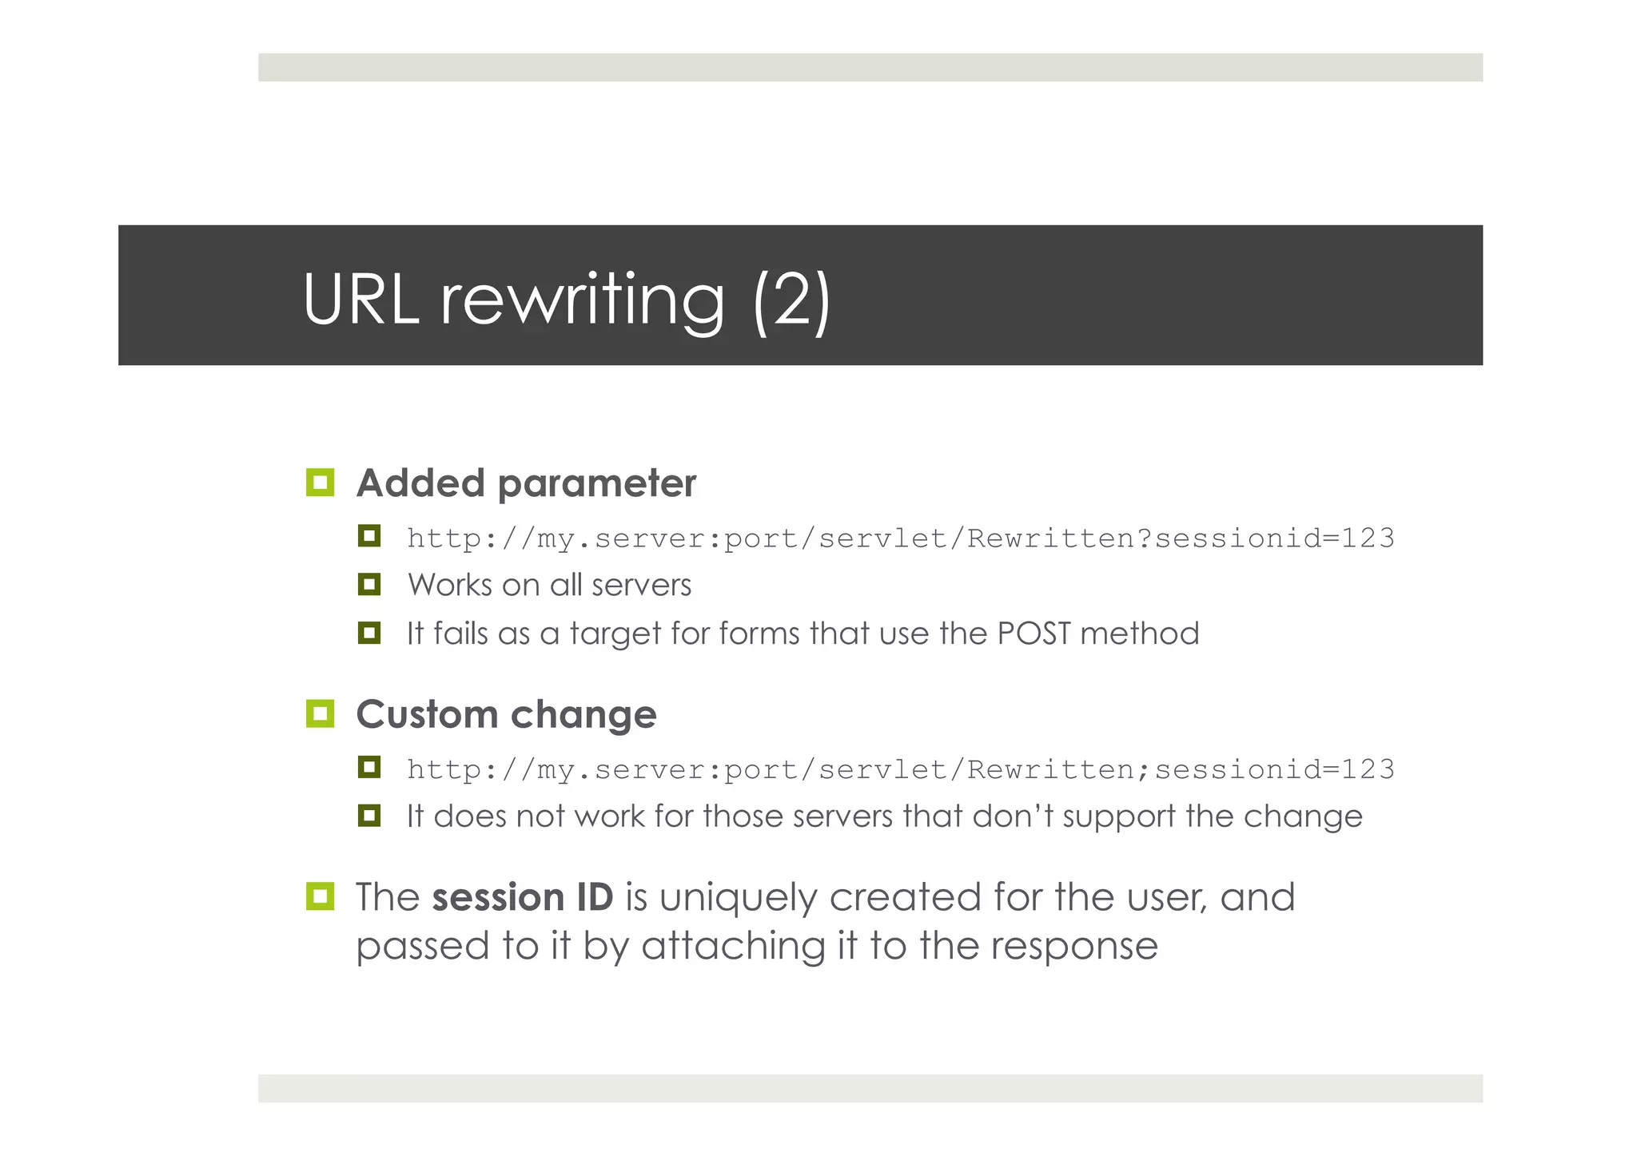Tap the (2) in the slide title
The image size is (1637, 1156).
[791, 300]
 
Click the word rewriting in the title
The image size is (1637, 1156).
[583, 300]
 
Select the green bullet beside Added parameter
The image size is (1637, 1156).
[320, 483]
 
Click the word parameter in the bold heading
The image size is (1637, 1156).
[596, 484]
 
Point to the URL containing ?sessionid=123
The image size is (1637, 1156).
[901, 538]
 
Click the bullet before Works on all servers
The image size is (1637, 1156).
[369, 584]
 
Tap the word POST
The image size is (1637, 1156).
[1033, 634]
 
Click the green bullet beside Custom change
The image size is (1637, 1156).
[320, 713]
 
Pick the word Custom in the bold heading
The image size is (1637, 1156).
[427, 714]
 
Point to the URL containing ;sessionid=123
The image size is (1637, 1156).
[901, 769]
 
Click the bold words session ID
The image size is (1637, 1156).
[523, 897]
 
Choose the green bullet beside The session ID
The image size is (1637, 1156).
[320, 896]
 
